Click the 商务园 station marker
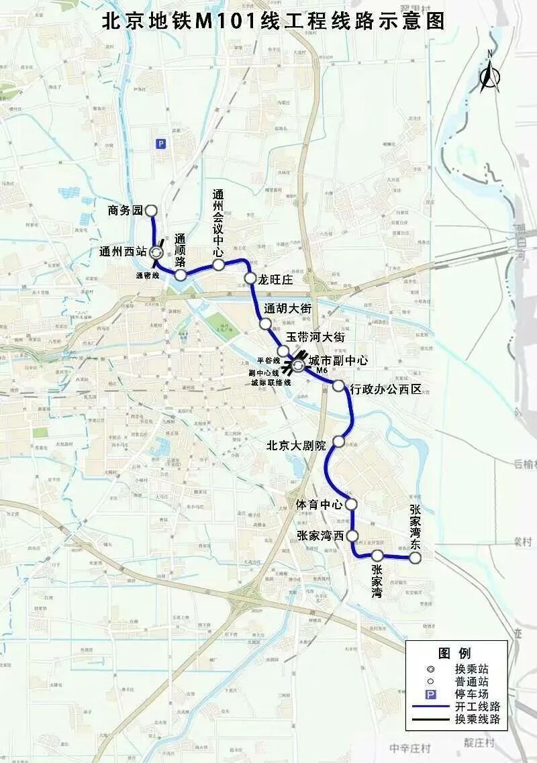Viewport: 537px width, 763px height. [x=151, y=210]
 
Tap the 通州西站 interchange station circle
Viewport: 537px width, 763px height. [x=156, y=253]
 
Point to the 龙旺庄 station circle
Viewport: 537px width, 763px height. [x=250, y=278]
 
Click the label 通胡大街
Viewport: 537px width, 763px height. [x=287, y=309]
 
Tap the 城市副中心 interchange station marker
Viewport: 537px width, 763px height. [x=298, y=366]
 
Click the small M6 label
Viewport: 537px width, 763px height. [x=322, y=370]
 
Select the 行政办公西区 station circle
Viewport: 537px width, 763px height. [x=338, y=387]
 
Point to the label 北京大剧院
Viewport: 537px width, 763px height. [x=295, y=445]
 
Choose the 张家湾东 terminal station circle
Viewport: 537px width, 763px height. [x=416, y=557]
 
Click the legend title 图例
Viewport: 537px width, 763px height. [x=454, y=653]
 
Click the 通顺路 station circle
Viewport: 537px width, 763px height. [x=181, y=274]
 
